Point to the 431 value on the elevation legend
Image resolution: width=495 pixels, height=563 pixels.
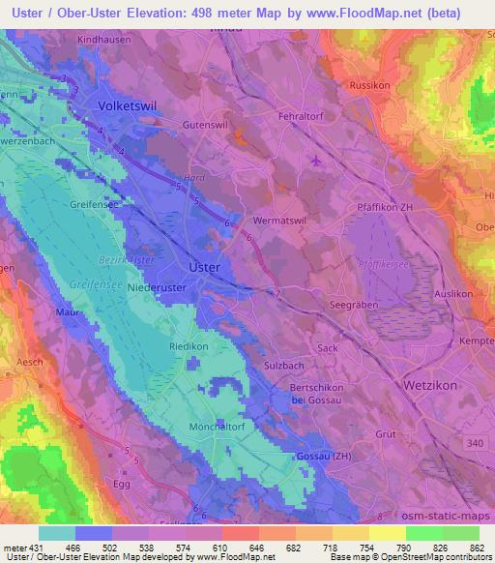point(32,549)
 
